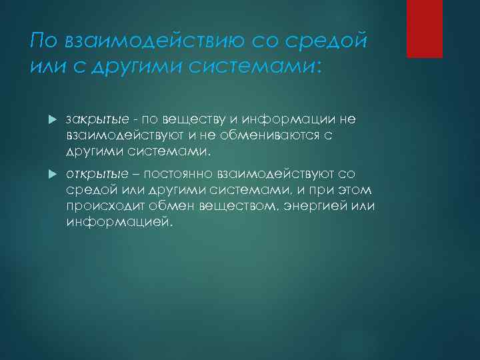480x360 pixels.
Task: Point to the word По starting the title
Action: (45, 42)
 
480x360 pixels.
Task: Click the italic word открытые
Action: (89, 175)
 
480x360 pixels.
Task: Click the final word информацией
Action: (119, 222)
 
